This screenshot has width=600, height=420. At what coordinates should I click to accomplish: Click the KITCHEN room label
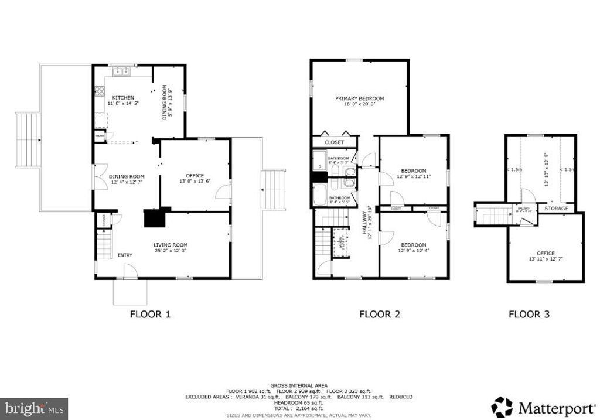coord(123,97)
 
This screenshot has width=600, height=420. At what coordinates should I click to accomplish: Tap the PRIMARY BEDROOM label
coord(359,98)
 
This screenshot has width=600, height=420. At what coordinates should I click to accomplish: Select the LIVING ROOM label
coord(171,245)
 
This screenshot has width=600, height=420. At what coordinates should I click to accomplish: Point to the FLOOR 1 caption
coord(150,315)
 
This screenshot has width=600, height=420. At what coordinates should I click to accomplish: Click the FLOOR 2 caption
coord(379,315)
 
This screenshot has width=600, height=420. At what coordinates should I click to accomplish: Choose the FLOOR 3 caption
coord(529,315)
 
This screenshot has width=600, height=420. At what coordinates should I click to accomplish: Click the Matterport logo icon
coord(502,407)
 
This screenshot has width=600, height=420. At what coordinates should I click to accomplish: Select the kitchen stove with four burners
coord(100,91)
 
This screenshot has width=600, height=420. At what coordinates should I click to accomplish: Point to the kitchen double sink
coord(121,71)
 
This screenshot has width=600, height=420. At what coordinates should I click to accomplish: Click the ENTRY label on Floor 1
coord(125,255)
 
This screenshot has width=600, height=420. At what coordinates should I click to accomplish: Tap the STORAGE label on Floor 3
coord(556,208)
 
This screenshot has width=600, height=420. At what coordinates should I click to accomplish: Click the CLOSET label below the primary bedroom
coord(334,142)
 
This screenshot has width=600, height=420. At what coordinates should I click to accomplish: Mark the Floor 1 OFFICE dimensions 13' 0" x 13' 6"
coord(195,181)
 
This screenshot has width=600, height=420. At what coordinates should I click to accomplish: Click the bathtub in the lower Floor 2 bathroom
coord(319,195)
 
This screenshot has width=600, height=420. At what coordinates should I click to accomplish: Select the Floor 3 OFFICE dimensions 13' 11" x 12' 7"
coord(546,259)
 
